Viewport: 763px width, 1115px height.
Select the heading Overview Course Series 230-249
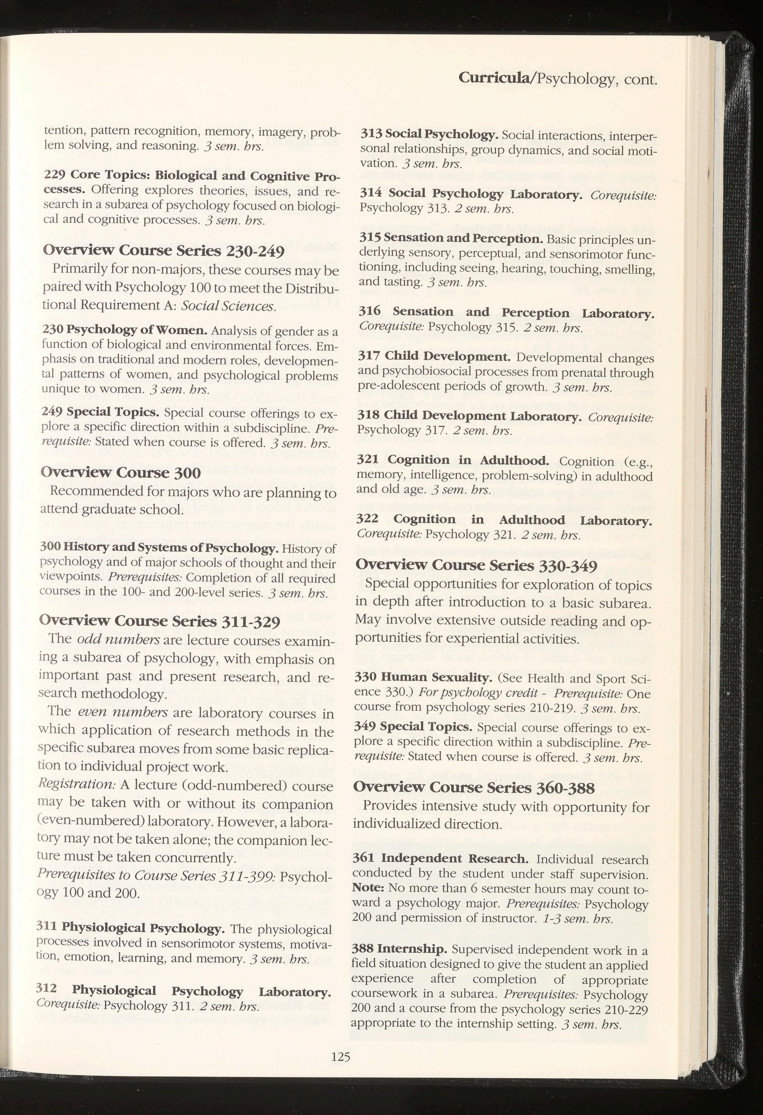164,250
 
